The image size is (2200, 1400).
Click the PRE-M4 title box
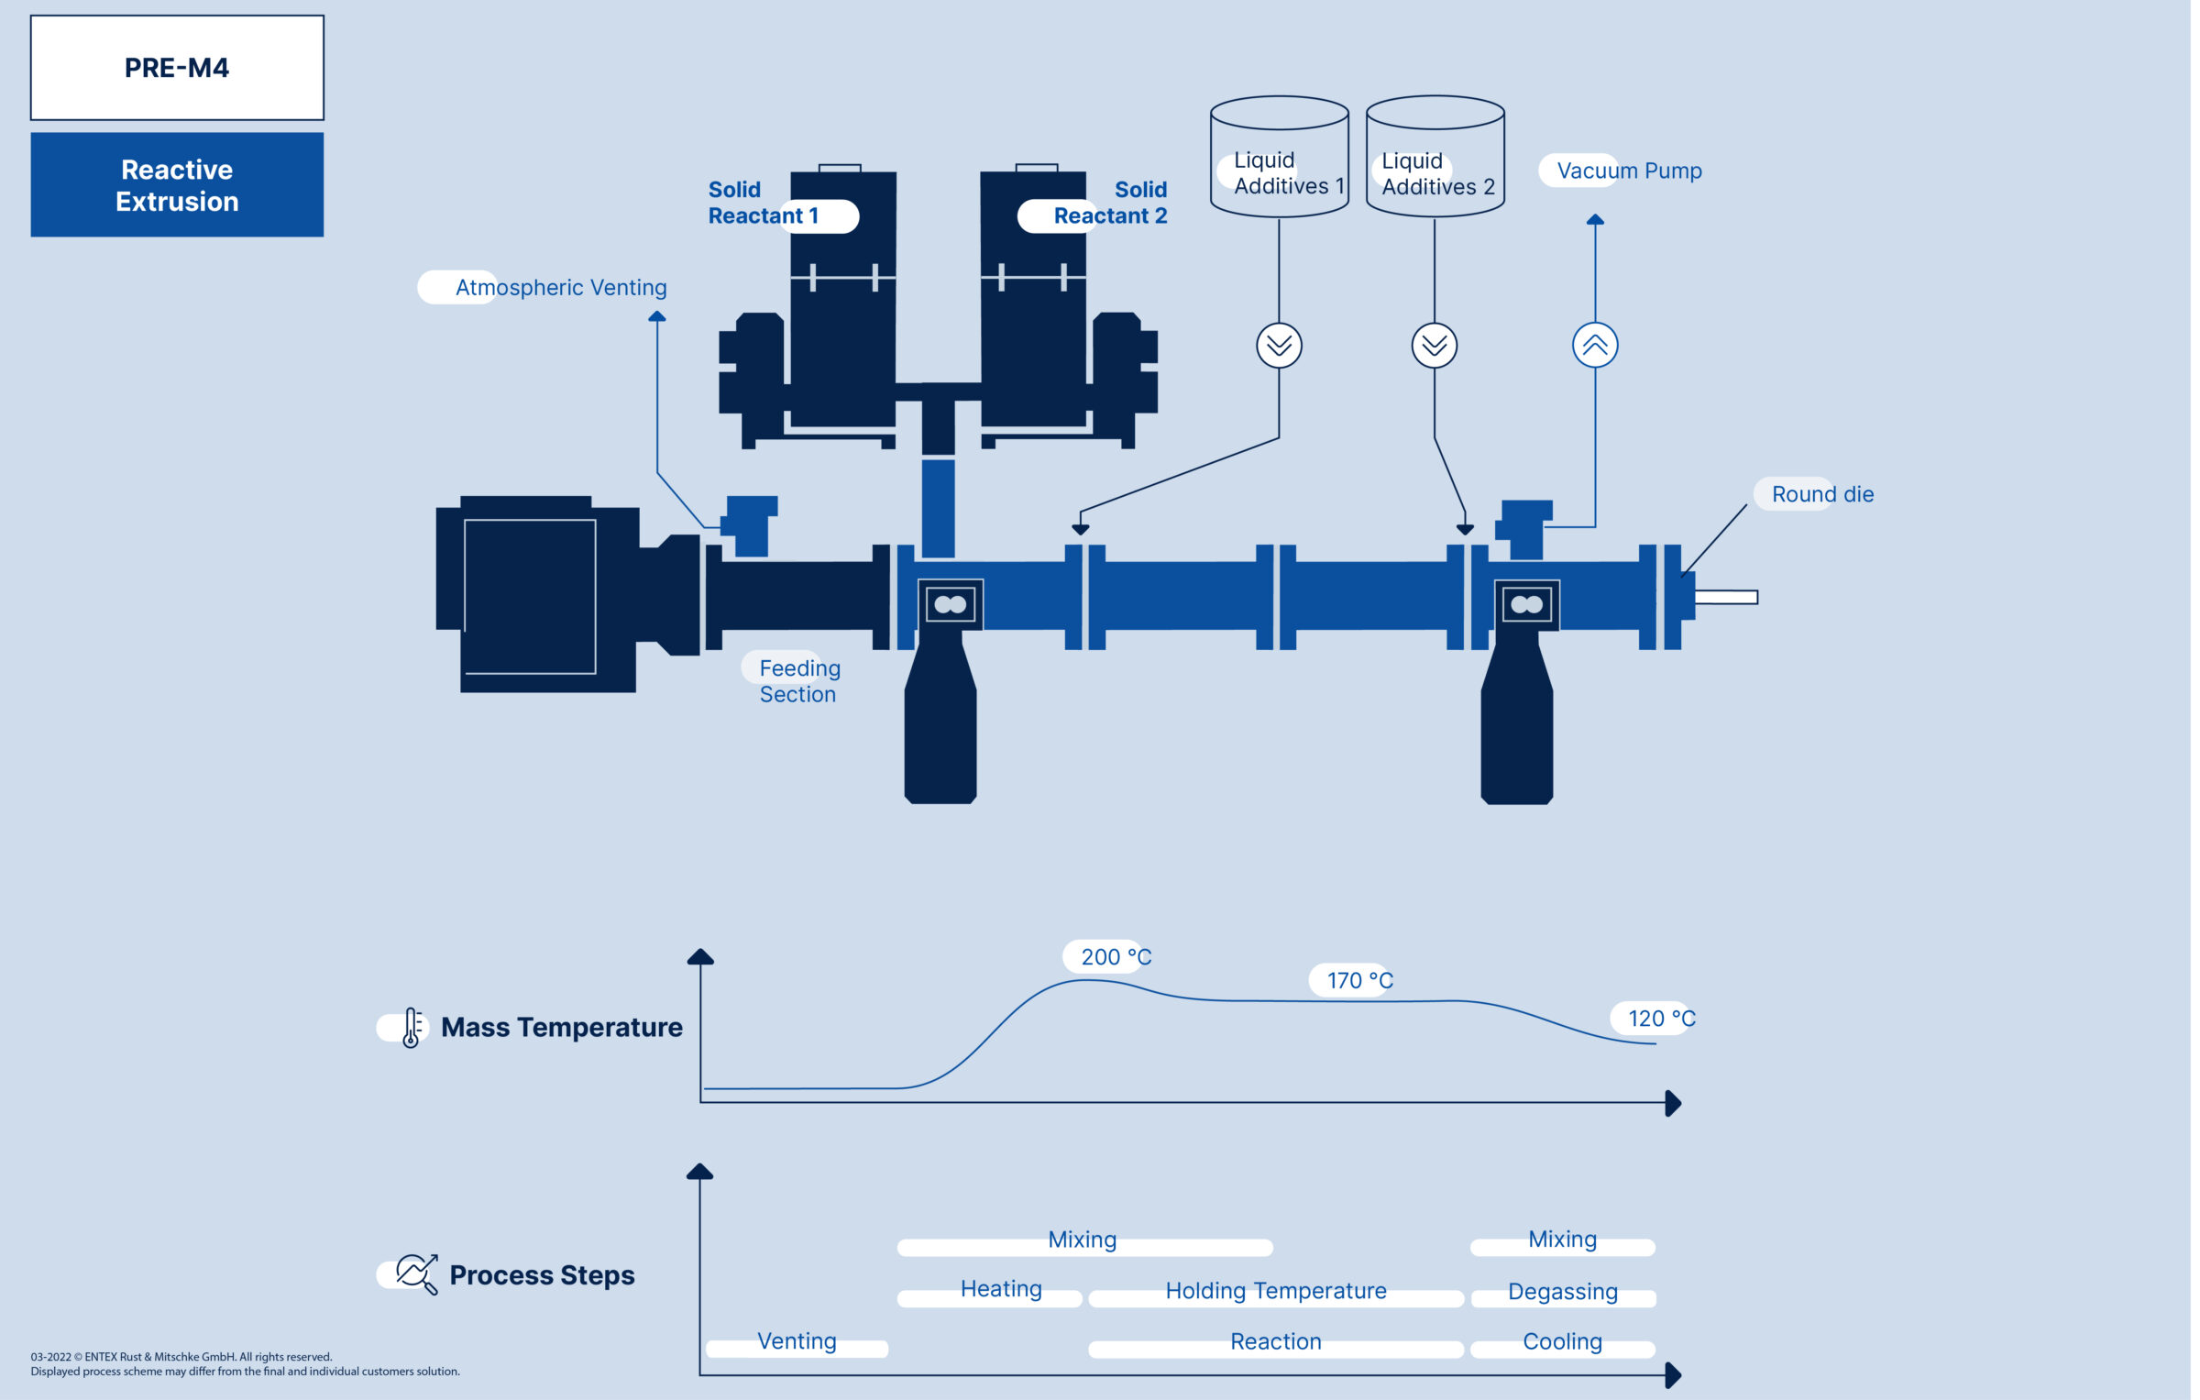tap(177, 68)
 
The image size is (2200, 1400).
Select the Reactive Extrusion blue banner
tap(177, 184)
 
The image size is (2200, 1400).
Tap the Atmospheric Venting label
tap(560, 288)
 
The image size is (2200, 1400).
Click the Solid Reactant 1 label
tap(763, 204)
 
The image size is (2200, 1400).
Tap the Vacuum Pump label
tap(1628, 171)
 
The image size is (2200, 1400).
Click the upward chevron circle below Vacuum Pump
tap(1595, 346)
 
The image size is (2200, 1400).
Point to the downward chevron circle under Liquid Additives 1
tap(1279, 346)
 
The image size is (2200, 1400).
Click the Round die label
tap(1821, 494)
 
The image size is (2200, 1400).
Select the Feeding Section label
tap(798, 681)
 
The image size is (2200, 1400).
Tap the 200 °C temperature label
tap(1115, 957)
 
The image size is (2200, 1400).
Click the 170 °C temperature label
tap(1359, 981)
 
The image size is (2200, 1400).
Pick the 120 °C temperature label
tap(1660, 1019)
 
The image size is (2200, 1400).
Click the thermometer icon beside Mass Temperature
tap(412, 1028)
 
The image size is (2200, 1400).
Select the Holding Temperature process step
tap(1275, 1292)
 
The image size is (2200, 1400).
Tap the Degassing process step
tap(1562, 1293)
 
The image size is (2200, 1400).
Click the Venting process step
tap(797, 1342)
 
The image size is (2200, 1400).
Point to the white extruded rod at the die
tap(1725, 598)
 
